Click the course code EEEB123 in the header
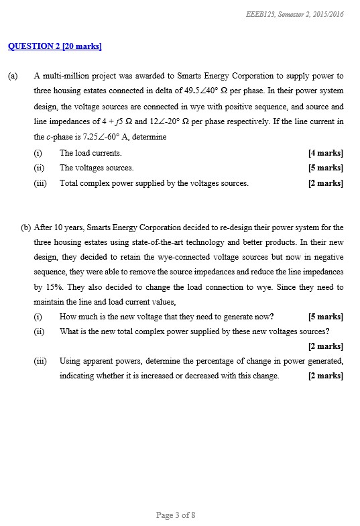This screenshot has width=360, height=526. tap(258, 14)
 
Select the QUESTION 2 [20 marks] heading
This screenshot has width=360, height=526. tap(54, 46)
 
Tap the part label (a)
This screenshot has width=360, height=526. tap(13, 76)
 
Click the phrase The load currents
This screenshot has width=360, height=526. tap(91, 153)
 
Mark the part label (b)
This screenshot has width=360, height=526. tap(26, 227)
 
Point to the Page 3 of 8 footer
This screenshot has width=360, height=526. tap(175, 515)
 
